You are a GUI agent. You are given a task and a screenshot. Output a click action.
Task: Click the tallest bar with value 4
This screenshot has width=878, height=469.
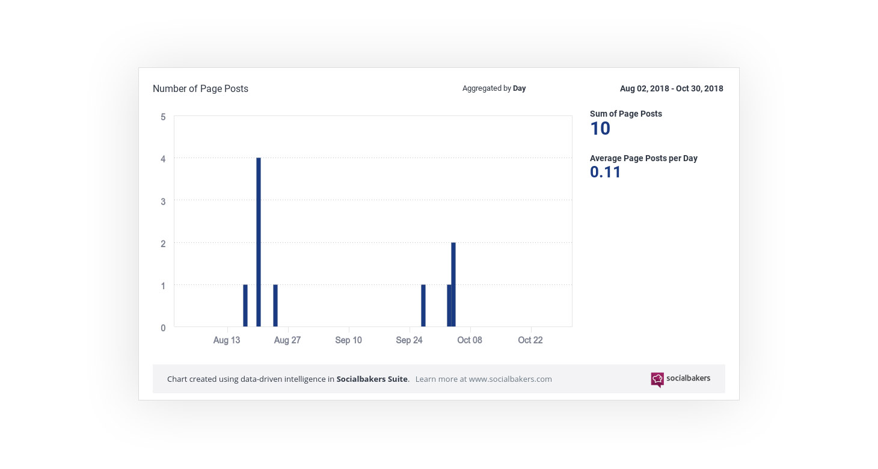259,242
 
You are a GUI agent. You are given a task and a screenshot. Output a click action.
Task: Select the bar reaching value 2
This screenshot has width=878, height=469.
453,284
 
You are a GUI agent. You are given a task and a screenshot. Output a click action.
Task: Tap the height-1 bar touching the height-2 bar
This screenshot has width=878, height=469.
449,305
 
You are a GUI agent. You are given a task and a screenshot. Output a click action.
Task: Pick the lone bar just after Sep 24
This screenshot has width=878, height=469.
423,305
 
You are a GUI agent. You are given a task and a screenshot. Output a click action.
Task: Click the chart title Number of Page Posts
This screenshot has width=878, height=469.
200,88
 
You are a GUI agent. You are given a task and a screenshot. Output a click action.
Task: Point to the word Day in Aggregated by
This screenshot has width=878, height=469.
519,88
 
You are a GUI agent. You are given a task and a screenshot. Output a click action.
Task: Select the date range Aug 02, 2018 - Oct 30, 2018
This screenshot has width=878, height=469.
671,88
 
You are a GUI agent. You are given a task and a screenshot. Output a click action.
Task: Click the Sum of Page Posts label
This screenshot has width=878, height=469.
625,114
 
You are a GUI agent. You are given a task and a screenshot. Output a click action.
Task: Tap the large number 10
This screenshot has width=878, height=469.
600,129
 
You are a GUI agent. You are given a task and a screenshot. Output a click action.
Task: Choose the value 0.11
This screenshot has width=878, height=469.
605,173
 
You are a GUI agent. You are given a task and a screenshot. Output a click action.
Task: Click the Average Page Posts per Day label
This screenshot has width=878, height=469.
643,158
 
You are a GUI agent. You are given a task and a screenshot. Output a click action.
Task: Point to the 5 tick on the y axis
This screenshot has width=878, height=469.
163,117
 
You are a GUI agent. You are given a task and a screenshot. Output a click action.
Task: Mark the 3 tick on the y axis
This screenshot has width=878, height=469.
163,201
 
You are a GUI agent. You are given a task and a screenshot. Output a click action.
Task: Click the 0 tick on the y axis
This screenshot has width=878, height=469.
163,328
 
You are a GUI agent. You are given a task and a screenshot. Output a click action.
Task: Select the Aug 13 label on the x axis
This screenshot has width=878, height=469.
227,340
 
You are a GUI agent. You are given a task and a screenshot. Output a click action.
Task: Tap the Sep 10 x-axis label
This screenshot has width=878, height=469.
348,340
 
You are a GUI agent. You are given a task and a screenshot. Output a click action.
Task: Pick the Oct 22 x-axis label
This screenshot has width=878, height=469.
530,340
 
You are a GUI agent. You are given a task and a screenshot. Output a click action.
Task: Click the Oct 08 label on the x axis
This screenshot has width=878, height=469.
469,340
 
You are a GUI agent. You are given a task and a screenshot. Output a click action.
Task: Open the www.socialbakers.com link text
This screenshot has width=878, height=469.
510,379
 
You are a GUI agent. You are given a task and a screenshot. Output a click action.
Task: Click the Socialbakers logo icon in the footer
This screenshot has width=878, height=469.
657,379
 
